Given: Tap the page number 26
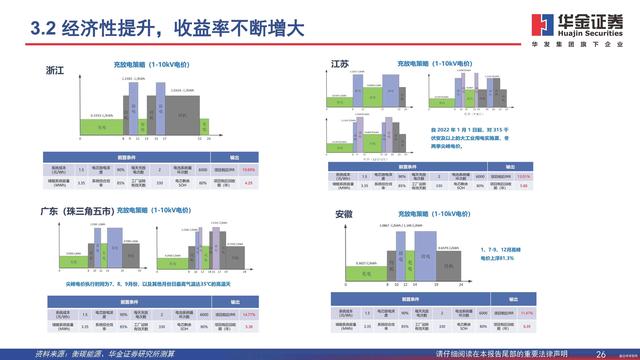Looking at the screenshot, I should (601, 353).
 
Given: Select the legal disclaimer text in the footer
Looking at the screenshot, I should (508, 353).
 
